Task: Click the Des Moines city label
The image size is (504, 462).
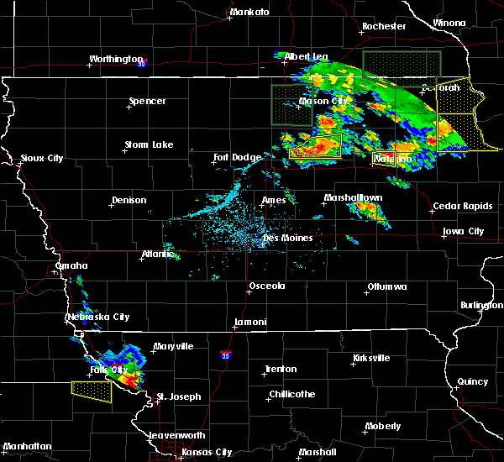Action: pos(288,238)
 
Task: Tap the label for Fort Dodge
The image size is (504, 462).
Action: pos(233,157)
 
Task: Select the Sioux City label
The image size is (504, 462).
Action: pos(42,158)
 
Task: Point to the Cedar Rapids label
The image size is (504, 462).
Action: pos(458,207)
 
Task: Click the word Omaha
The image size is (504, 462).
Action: pos(70,266)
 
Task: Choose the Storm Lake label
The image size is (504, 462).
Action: pos(149,144)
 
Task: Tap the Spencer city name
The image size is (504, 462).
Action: pos(147,102)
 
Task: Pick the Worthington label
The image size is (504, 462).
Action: pos(117,59)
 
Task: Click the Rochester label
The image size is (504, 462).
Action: pos(383,26)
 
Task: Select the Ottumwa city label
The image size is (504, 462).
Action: pos(386,286)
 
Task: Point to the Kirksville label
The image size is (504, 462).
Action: pos(370,358)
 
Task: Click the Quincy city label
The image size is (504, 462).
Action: pos(473,381)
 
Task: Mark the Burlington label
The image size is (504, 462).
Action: pos(481,306)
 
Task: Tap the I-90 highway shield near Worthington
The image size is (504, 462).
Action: pos(142,63)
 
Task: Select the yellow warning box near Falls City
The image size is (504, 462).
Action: pos(92,391)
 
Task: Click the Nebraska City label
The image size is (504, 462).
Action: pos(98,317)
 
